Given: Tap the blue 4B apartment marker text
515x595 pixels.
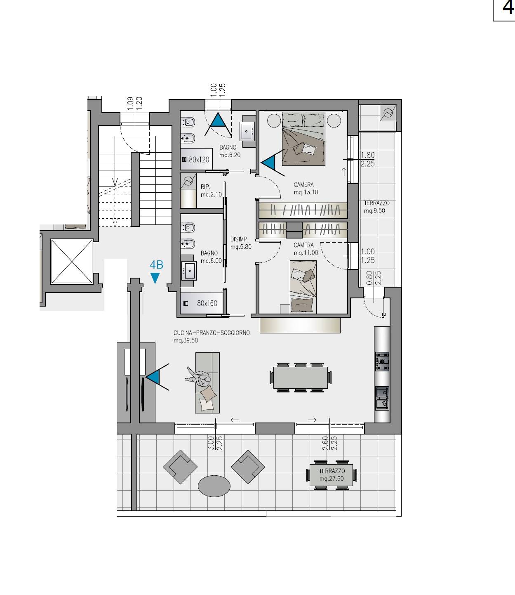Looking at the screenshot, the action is click(157, 265).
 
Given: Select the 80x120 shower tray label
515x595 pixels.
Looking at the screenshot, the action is click(199, 159).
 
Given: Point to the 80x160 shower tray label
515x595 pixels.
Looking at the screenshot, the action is click(207, 303).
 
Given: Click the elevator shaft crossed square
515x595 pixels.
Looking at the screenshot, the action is click(72, 261).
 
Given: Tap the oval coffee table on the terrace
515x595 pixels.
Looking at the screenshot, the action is click(214, 486).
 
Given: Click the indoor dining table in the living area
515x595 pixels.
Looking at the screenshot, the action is click(300, 378).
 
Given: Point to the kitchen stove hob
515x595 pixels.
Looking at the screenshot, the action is click(382, 361).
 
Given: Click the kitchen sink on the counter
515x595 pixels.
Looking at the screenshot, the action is click(382, 398).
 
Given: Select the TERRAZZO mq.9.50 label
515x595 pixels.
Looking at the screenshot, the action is click(376, 207).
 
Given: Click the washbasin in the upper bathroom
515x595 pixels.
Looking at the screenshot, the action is click(247, 131).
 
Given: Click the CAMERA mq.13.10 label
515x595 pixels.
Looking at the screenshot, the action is click(306, 188).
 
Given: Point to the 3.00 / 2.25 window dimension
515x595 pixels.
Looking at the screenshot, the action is click(215, 443).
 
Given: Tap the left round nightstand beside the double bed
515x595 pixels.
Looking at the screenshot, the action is click(274, 120).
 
